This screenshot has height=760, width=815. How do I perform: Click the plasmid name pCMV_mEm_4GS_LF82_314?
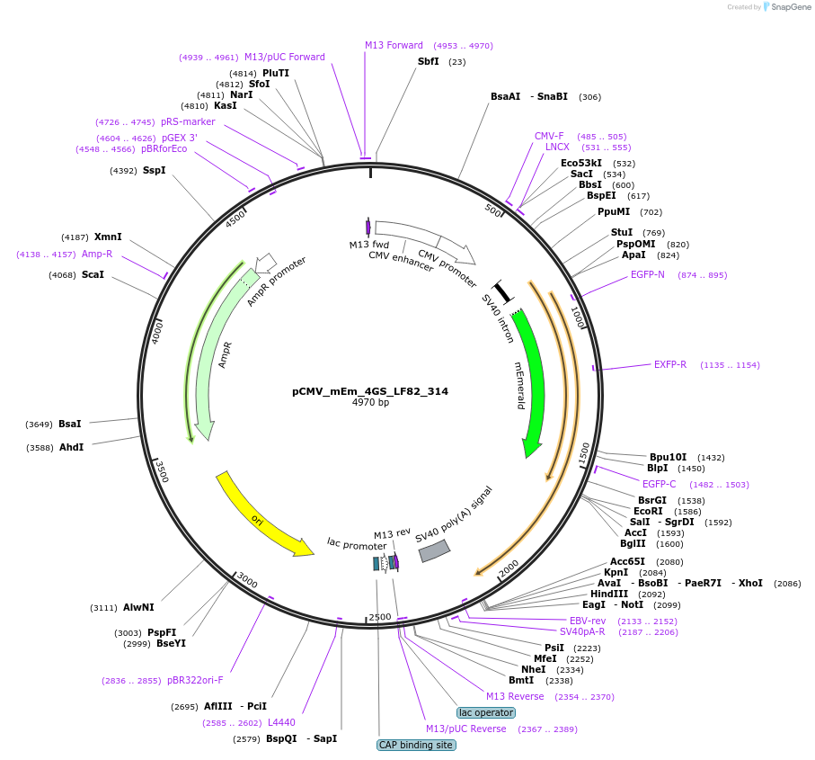370,391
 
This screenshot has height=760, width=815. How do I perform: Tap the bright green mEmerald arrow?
530,378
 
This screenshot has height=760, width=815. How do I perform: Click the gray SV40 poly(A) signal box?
435,550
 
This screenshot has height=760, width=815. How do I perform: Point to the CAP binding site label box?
416,745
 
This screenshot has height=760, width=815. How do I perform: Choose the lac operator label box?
485,712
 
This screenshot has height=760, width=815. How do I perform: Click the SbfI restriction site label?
429,61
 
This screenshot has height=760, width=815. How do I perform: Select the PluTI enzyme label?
276,73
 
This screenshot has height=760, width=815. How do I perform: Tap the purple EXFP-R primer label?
670,364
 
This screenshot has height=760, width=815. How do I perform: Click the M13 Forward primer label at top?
394,45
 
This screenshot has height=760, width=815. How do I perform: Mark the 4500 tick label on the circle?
235,219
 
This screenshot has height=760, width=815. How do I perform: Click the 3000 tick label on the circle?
247,582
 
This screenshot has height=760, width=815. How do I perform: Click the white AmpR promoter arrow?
265,263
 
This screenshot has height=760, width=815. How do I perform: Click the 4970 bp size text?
370,403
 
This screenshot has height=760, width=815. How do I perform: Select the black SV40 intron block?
502,292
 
